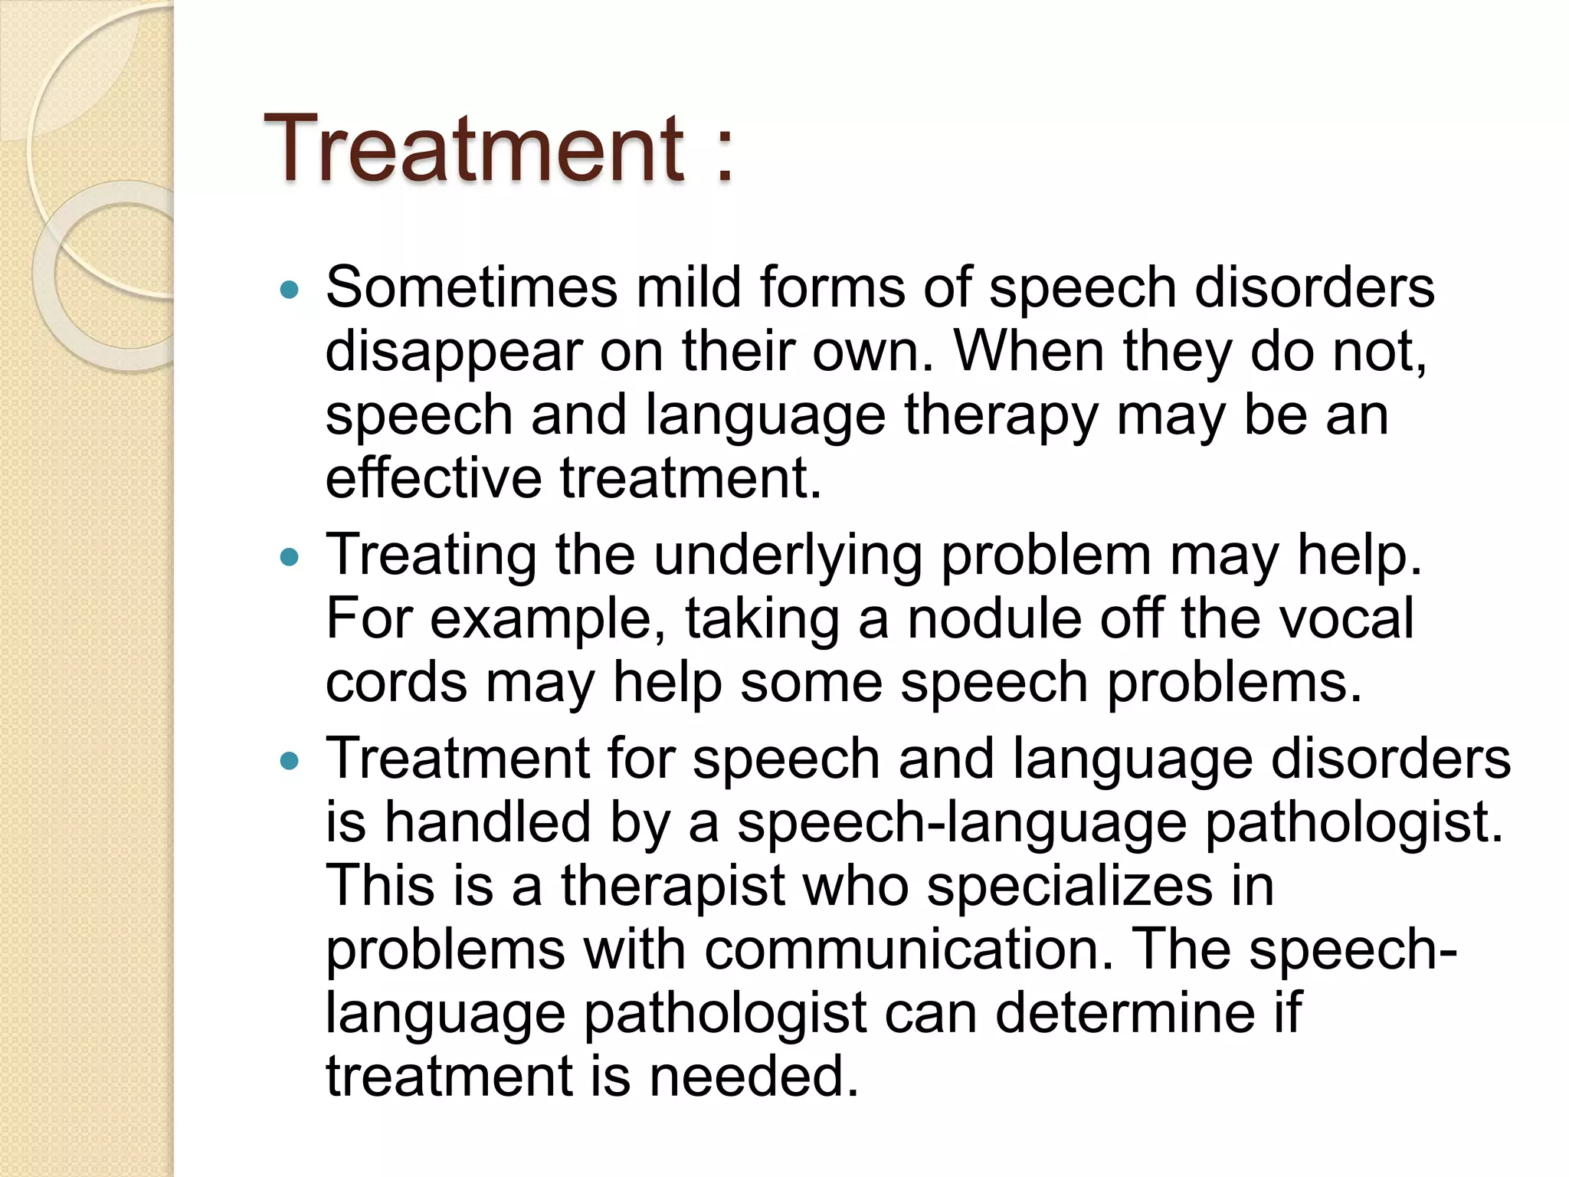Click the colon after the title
pyautogui.click(x=724, y=157)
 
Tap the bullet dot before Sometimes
pyautogui.click(x=289, y=290)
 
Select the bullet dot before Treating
pyautogui.click(x=289, y=557)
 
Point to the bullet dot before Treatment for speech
pyautogui.click(x=289, y=761)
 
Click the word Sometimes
pyautogui.click(x=471, y=288)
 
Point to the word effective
pyautogui.click(x=434, y=478)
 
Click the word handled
pyautogui.click(x=487, y=822)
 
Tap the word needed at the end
pyautogui.click(x=754, y=1077)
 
